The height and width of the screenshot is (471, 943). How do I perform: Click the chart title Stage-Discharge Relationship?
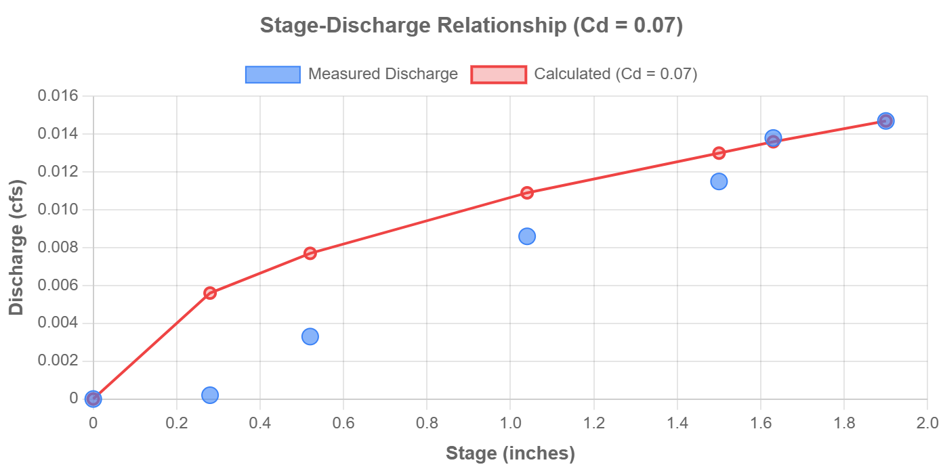coord(471,26)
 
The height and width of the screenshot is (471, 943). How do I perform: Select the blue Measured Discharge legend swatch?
coord(272,74)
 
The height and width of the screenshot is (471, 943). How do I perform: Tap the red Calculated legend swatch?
coord(499,74)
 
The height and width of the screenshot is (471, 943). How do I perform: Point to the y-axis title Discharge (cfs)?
coord(16,247)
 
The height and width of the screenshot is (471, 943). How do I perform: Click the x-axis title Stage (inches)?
coord(509,453)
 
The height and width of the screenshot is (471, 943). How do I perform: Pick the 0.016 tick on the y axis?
coord(58,95)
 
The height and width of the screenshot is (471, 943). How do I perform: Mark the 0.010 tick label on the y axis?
coord(58,209)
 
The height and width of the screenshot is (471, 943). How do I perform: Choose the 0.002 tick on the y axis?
coord(58,360)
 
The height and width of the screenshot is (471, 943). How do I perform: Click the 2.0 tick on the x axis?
coord(927,423)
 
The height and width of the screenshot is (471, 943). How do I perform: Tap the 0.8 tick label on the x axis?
coord(427,423)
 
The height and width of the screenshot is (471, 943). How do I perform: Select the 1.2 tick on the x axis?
coord(593,423)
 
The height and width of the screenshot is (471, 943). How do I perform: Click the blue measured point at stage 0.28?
coord(210,395)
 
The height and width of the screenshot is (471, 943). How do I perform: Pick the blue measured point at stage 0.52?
coord(310,336)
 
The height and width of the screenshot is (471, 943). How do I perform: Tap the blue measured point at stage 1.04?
coord(527,236)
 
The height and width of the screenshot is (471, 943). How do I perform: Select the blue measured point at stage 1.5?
coord(719,181)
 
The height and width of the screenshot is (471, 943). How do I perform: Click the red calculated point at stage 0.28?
coord(210,293)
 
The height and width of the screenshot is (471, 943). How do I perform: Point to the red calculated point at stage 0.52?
coord(310,253)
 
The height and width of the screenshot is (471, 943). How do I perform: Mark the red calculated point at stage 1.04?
coord(527,193)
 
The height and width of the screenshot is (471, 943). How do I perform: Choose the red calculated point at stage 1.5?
coord(719,153)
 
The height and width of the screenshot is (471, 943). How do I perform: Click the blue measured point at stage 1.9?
coord(885,121)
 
